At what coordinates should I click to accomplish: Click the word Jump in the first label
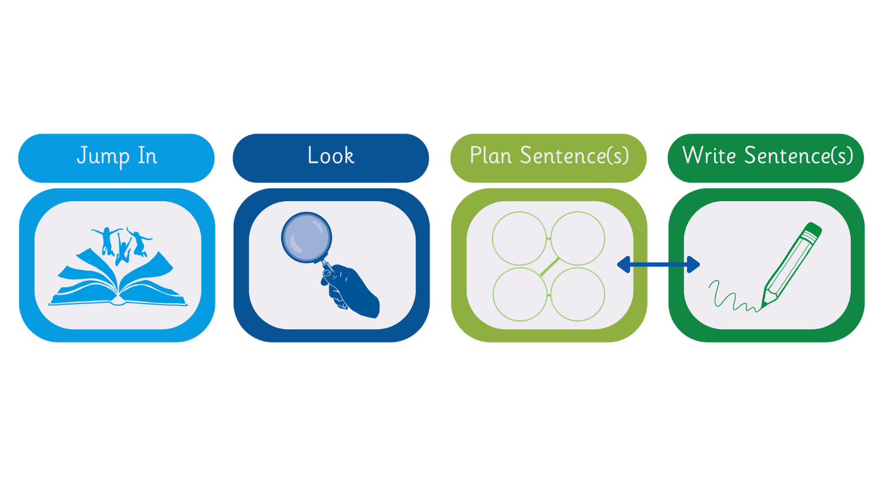click(103, 156)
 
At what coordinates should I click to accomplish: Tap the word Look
click(331, 155)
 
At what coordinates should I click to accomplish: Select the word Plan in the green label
click(490, 156)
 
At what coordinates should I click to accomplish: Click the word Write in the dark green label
click(709, 155)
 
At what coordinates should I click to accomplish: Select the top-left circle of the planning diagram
click(519, 238)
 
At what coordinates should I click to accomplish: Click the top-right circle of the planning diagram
click(577, 238)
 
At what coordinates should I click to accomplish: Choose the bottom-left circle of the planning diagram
click(519, 294)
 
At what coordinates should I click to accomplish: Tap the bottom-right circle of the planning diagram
click(577, 294)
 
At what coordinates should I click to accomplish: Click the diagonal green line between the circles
click(549, 266)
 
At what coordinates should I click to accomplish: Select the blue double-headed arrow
click(658, 265)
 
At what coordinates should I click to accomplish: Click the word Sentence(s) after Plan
click(574, 156)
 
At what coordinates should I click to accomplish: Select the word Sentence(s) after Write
click(798, 156)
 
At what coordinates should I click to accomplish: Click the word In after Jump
click(147, 156)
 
